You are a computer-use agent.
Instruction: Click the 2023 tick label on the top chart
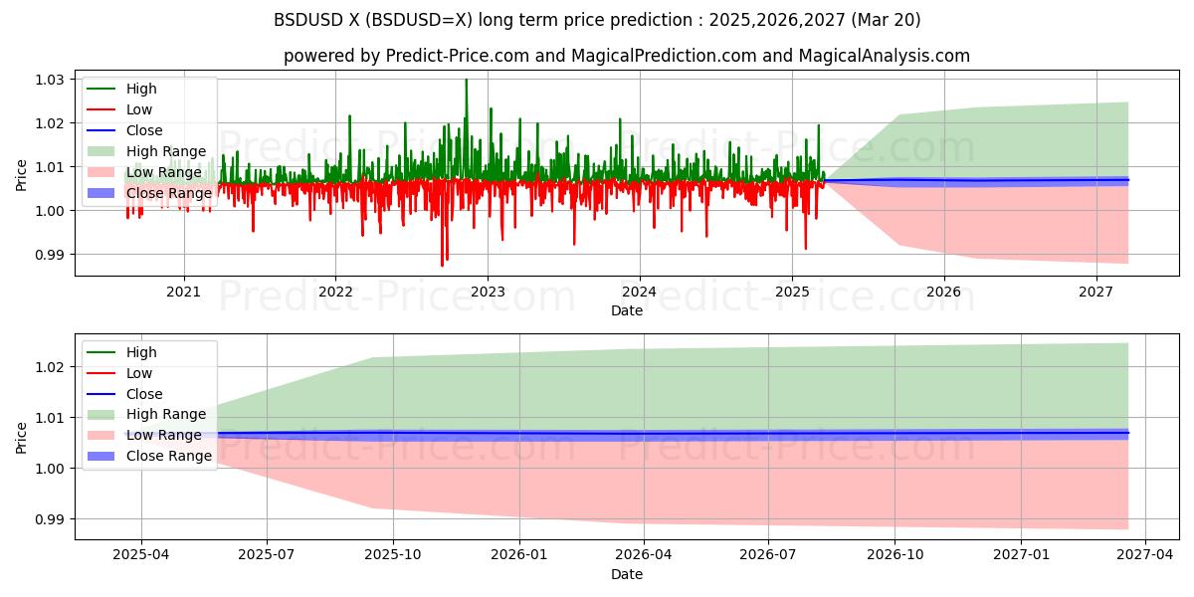[487, 292]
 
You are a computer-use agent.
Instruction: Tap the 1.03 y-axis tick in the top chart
[50, 80]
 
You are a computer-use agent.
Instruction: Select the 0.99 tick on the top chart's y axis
[50, 255]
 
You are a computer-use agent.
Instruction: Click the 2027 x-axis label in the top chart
[1095, 292]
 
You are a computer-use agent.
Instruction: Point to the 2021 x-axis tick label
[183, 292]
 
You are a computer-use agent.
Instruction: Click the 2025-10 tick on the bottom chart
[392, 555]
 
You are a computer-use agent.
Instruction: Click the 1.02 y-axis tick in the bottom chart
[50, 367]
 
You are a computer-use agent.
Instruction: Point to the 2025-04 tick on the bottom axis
[141, 555]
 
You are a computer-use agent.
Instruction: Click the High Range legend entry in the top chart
[165, 151]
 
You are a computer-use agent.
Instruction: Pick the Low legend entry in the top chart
[140, 109]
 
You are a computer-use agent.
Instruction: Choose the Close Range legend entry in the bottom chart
[169, 456]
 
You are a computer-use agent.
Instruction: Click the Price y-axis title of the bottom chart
[22, 437]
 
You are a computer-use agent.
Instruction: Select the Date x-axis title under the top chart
[627, 310]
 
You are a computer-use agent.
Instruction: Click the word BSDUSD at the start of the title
[307, 20]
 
